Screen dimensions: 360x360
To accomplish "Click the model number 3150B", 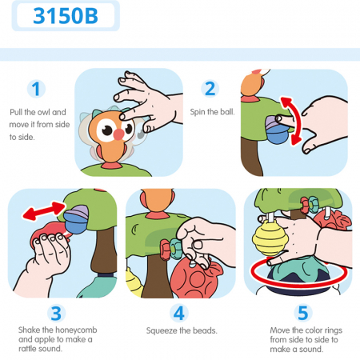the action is [x=66, y=16].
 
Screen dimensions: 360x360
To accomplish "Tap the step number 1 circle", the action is [x=36, y=89].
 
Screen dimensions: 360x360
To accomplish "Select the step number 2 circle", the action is [x=210, y=89].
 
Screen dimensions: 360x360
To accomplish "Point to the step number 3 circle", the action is [x=56, y=314].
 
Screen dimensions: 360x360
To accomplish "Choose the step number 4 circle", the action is [x=179, y=313].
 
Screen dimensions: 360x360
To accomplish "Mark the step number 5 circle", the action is [x=303, y=313].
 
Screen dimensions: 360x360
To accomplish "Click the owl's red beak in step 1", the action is [x=118, y=134].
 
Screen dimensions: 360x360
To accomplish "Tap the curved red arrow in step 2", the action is [x=295, y=121].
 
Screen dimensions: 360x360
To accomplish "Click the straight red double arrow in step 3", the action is [x=44, y=210].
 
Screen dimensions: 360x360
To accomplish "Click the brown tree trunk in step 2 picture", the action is [x=251, y=156].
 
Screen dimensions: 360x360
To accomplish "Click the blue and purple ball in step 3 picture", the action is [x=76, y=219].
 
